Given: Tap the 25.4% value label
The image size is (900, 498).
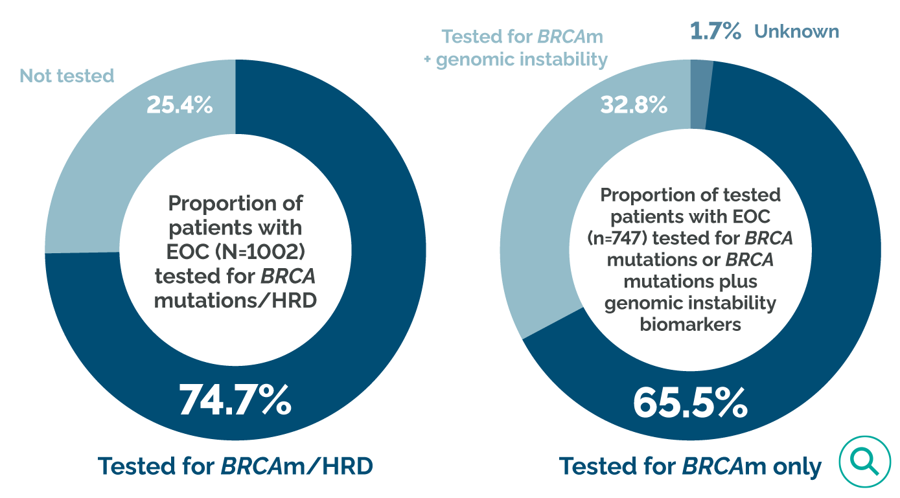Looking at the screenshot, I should [179, 106].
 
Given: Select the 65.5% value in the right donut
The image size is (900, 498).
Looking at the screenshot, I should [690, 402].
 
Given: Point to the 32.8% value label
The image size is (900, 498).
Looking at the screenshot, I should [634, 106].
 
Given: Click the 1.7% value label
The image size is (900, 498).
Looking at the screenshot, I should [715, 31].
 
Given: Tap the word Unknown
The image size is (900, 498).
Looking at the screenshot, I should [796, 31].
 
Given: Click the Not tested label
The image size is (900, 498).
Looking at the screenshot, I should [67, 76].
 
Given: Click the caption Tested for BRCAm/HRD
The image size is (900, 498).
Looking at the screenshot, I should [235, 466].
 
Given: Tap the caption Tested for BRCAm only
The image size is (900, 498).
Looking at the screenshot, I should [690, 466].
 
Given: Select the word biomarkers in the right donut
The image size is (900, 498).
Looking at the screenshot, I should [690, 324].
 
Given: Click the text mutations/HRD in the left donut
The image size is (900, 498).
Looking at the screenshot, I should [235, 300].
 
